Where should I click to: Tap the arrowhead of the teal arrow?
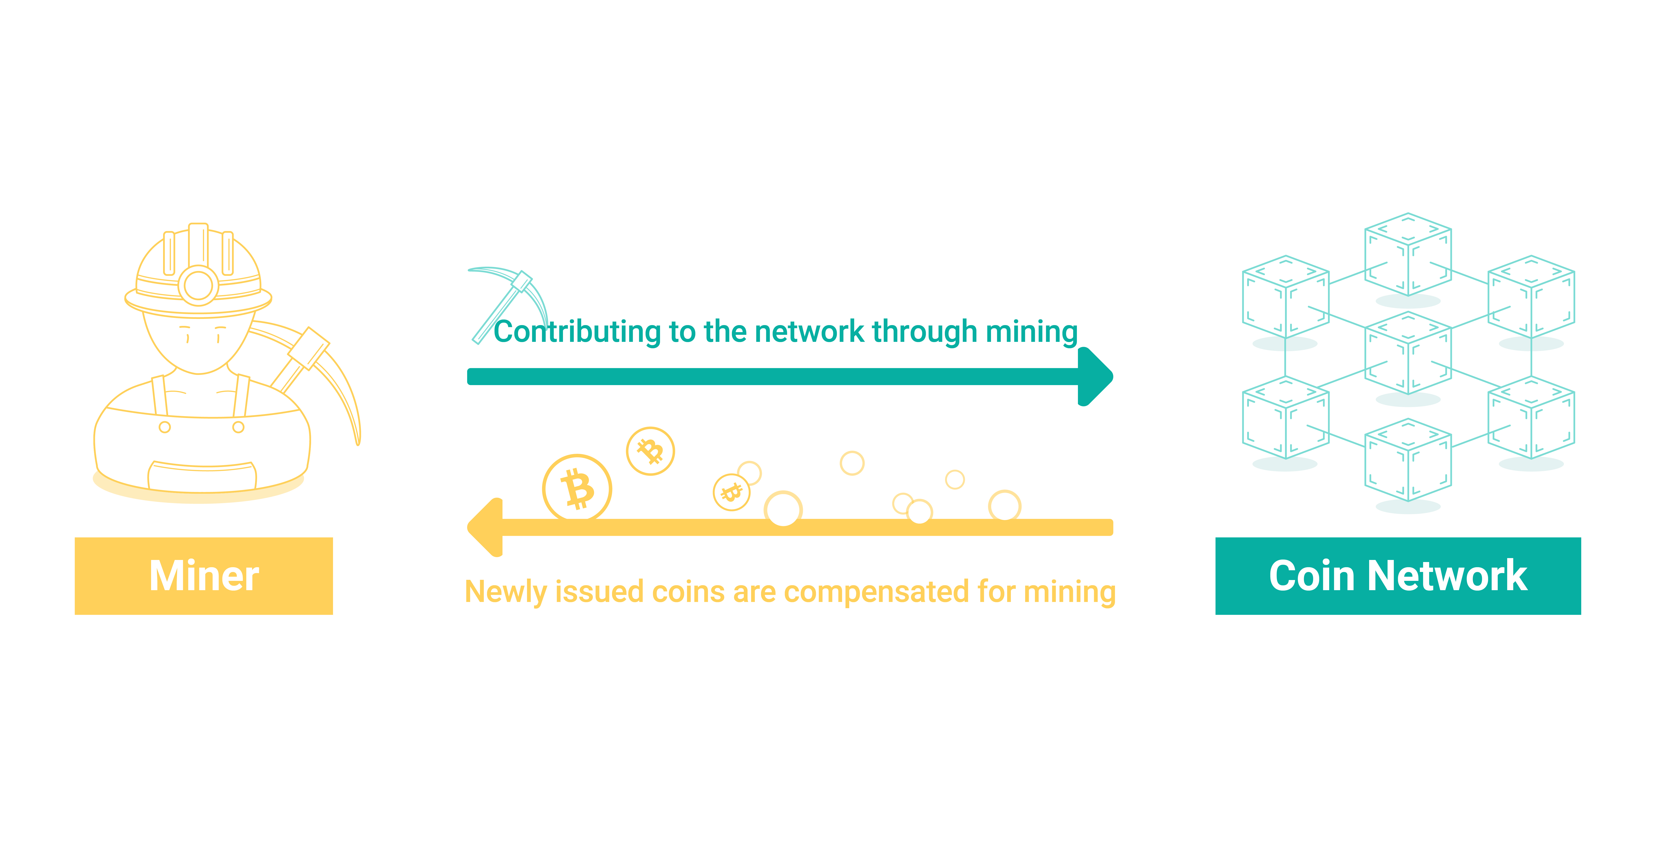(x=1095, y=377)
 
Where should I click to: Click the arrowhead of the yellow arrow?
(x=485, y=527)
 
